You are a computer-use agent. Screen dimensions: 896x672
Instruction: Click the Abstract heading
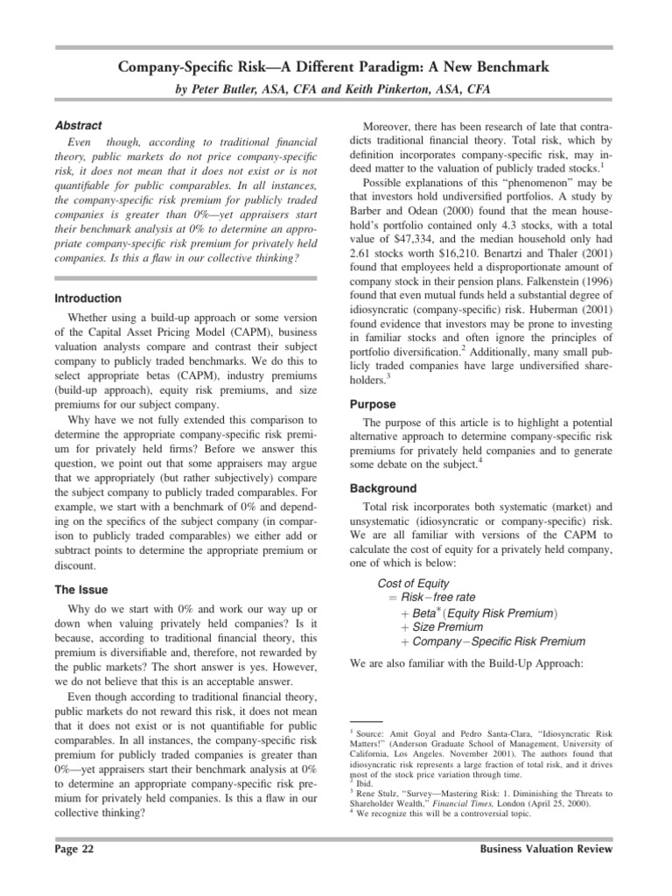tap(78, 125)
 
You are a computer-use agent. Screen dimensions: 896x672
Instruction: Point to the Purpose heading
tap(373, 405)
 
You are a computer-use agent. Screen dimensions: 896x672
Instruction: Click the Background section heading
tap(383, 488)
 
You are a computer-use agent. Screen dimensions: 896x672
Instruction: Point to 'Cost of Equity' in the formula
tap(413, 583)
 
